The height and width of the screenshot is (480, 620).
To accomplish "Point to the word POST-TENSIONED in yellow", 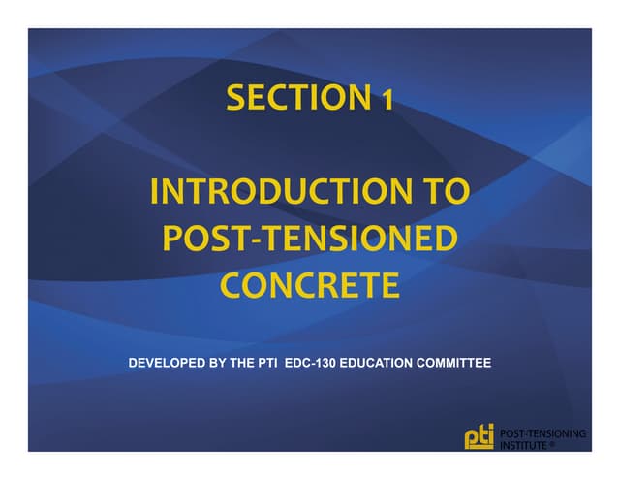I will (309, 239).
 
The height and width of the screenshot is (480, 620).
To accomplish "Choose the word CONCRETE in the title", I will (310, 285).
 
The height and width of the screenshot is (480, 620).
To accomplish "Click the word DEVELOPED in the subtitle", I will (170, 364).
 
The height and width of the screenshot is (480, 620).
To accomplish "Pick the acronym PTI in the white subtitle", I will (290, 364).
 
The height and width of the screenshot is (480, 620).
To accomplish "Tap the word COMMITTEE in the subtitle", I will (461, 364).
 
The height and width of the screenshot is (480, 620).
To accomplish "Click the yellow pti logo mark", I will (480, 437).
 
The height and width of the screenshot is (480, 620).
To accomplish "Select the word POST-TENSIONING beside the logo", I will (542, 433).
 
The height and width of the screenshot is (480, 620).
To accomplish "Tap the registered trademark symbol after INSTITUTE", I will (552, 445).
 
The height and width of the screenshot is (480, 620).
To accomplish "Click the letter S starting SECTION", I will (234, 98).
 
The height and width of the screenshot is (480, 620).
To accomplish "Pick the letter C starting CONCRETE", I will (232, 285).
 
